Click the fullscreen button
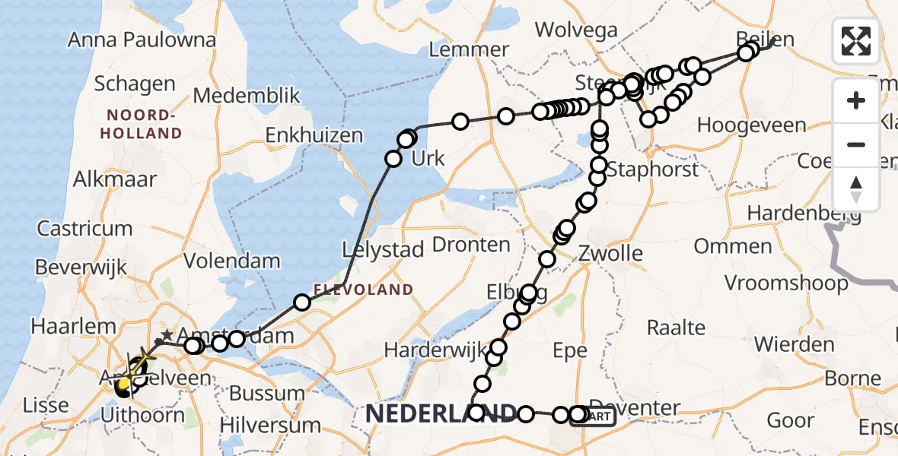point(856,40)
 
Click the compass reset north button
point(856,189)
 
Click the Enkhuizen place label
point(314,136)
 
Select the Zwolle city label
point(610,253)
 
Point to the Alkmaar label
point(114,179)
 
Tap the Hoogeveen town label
point(751,125)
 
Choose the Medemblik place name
point(247,96)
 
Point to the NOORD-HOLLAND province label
point(145,124)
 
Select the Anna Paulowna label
point(142,40)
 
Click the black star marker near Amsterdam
point(167,334)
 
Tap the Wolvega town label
point(575,30)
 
